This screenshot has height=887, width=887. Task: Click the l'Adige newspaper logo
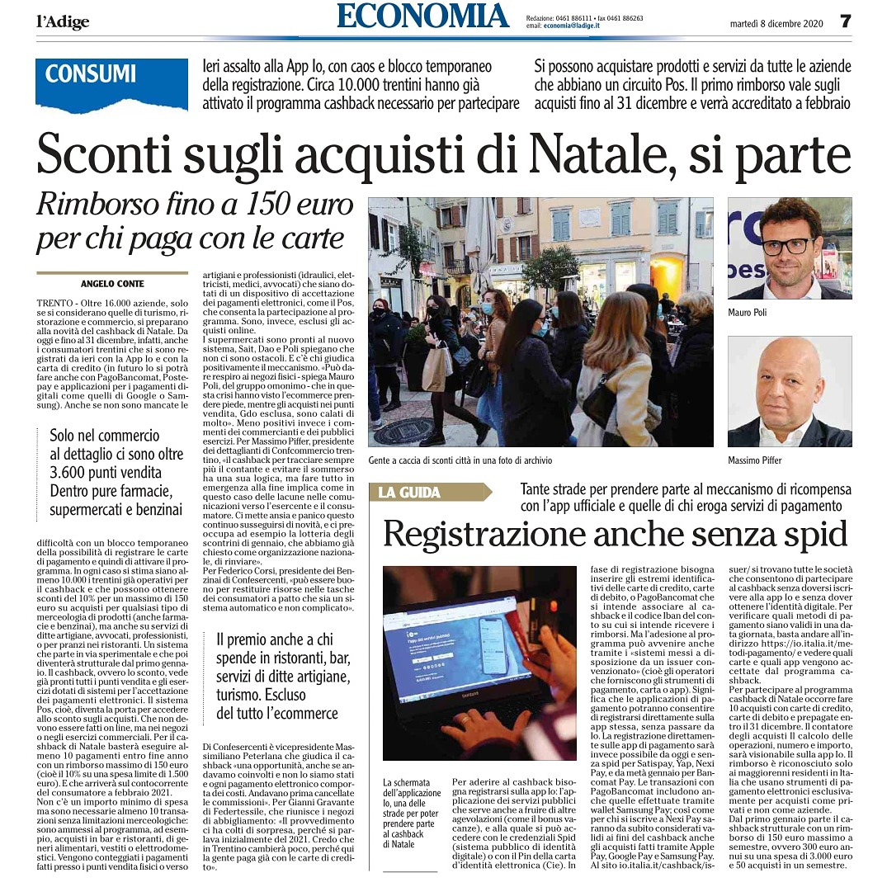pos(63,21)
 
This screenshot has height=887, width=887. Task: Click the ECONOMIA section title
pos(422,17)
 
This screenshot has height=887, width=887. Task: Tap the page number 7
pos(845,21)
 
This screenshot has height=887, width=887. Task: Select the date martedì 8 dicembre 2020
pos(774,22)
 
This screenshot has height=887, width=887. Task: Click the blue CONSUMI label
pos(90,73)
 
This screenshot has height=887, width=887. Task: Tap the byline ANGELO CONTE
pos(113,283)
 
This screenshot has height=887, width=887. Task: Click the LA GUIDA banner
pos(410,493)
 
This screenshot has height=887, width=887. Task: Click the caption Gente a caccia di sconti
pos(460,460)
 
